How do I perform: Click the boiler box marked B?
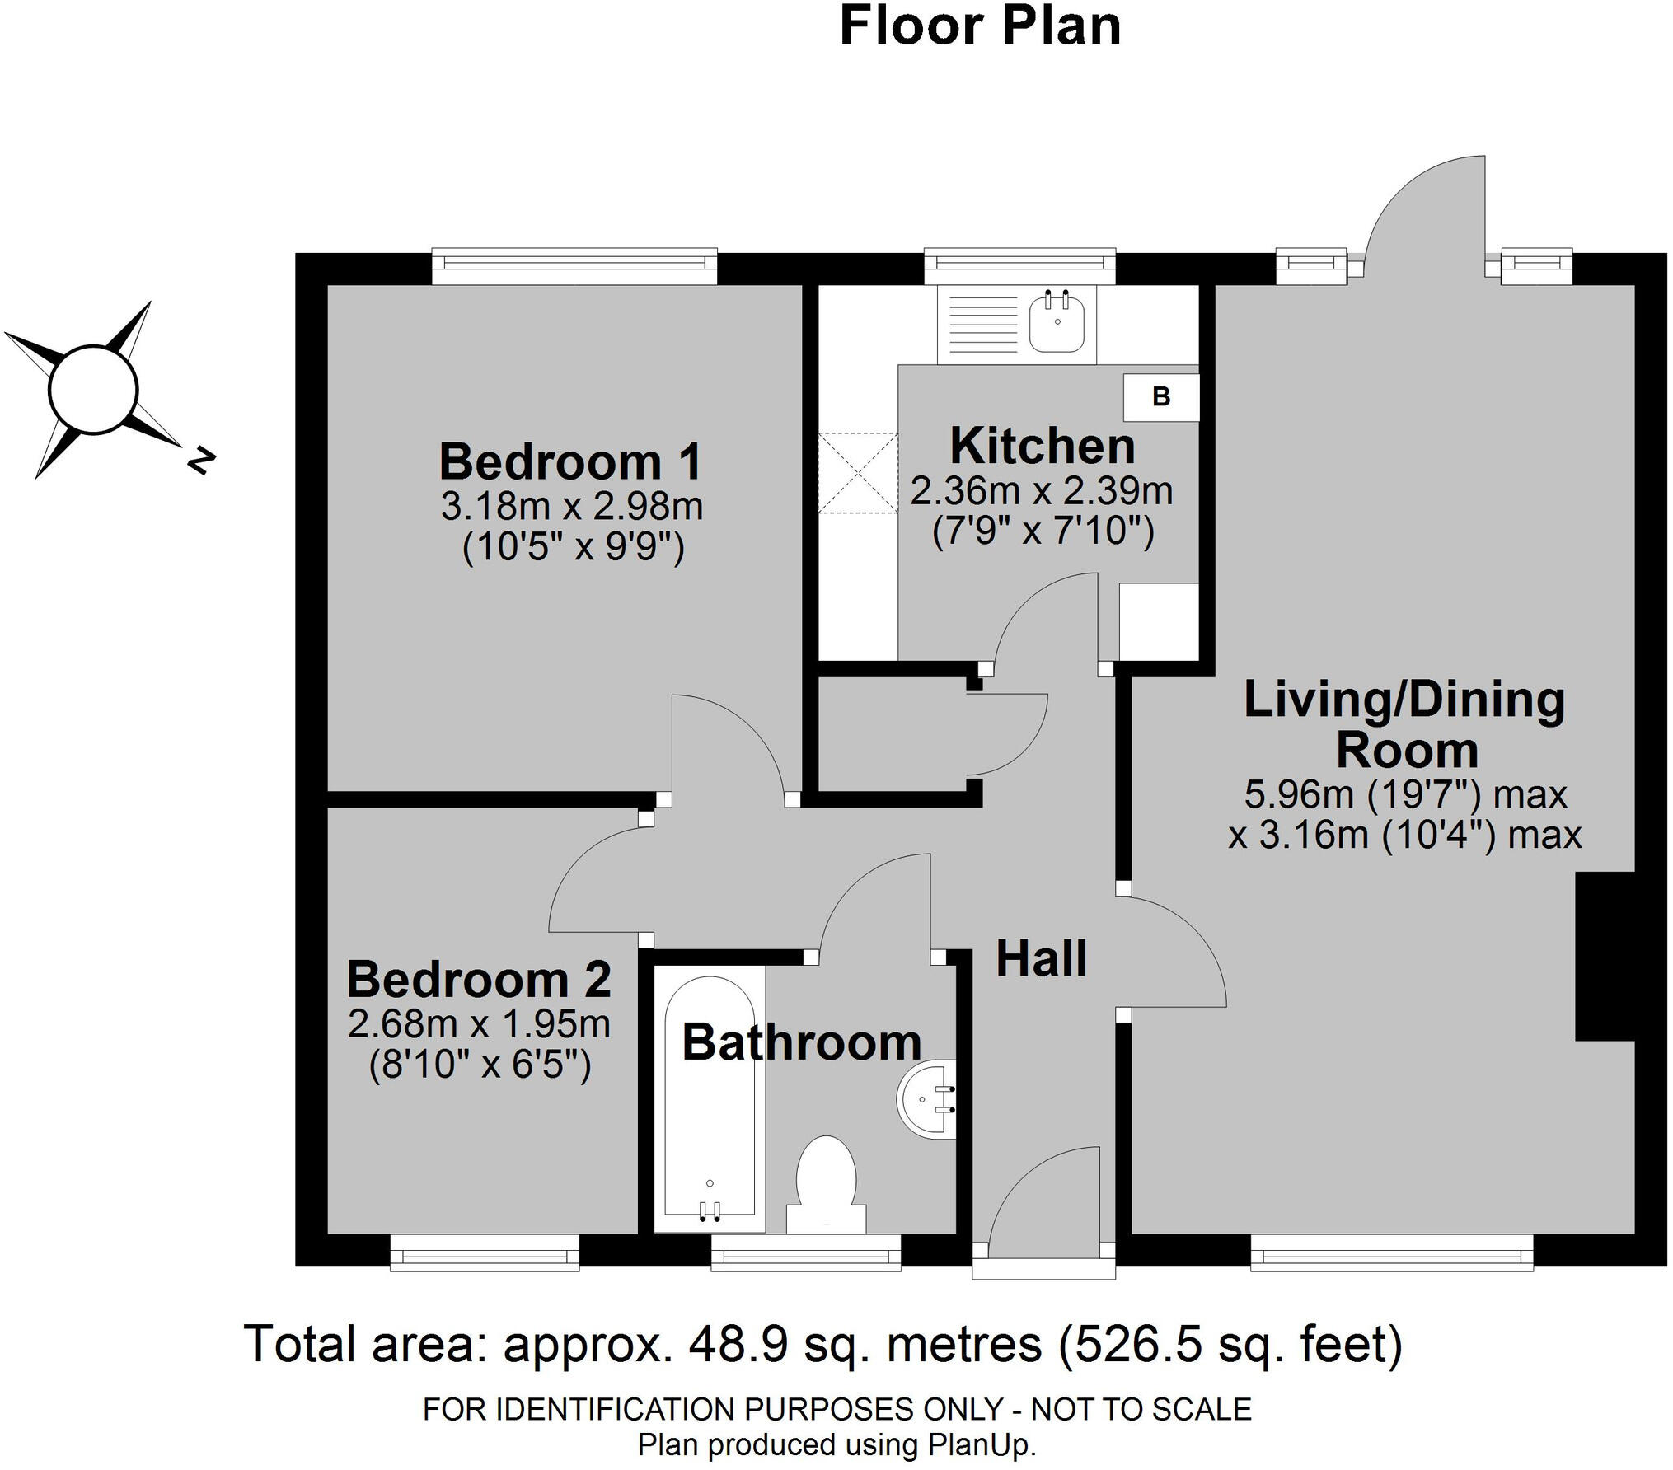[x=1161, y=397]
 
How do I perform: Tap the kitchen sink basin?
[x=1057, y=321]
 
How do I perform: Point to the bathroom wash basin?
[x=926, y=1098]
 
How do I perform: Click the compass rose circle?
[x=92, y=388]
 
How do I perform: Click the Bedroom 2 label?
[x=479, y=980]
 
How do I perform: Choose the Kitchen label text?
[x=1043, y=446]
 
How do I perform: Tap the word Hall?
[x=1042, y=958]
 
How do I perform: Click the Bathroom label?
[x=802, y=1042]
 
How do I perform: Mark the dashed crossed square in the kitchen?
[x=858, y=473]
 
